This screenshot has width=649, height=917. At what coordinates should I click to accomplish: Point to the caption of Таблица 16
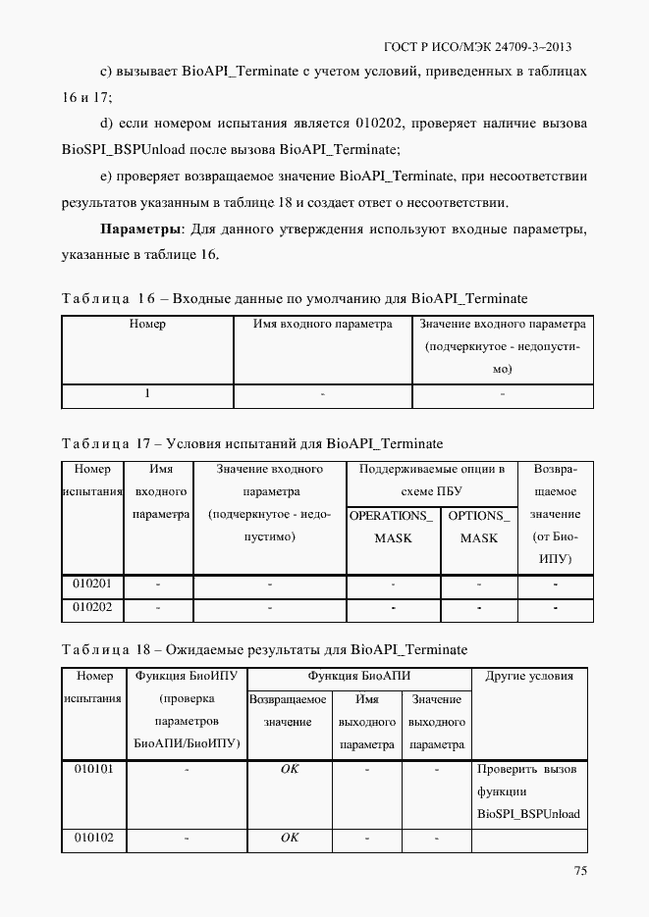point(295,297)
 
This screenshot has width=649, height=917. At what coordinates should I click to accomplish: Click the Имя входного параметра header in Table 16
point(322,324)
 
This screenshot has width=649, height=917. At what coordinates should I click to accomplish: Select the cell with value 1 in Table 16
point(147,394)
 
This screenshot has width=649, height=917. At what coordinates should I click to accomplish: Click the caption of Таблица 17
point(252,443)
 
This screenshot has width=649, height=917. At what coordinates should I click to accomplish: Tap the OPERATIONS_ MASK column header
point(393,527)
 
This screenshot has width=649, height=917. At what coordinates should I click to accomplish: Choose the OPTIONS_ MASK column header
point(479,527)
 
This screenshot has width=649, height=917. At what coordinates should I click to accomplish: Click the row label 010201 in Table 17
point(92,585)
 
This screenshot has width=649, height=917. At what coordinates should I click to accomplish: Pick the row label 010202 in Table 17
point(92,608)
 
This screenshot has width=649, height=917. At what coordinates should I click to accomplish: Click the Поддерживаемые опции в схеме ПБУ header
point(431,481)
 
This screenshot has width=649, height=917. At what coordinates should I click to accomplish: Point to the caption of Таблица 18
point(264,650)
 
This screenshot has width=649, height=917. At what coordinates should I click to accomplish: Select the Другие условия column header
point(529,676)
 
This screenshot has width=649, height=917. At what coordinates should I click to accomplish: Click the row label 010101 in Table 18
point(94,769)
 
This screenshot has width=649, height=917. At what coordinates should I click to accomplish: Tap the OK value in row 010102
point(290,839)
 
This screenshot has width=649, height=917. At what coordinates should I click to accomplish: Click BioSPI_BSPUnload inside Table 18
point(528,814)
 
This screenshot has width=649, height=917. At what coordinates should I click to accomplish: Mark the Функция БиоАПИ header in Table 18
point(358,676)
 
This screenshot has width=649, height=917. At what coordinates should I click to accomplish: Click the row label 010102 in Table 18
point(94,839)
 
